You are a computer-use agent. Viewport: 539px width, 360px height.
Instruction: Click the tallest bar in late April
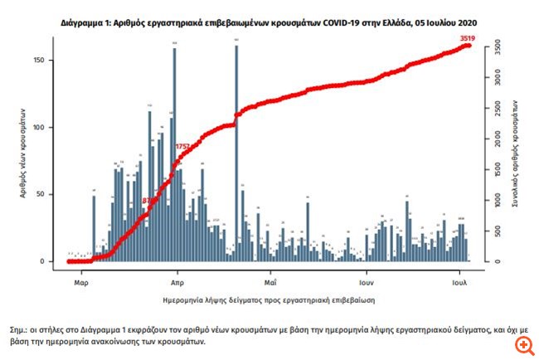point(236,153)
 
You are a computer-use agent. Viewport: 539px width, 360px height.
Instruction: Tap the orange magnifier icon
point(522,343)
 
